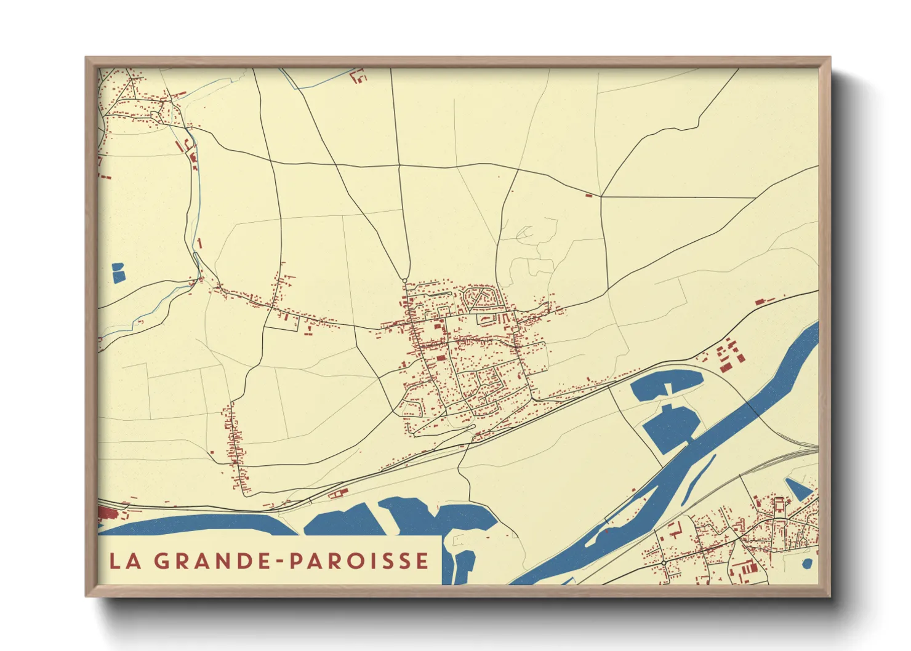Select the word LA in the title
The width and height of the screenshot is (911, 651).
123,561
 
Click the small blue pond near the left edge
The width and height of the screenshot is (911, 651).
118,273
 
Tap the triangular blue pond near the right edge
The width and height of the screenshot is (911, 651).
799,490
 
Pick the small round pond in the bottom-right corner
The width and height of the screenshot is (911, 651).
807,563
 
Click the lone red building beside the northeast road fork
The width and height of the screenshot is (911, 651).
588,196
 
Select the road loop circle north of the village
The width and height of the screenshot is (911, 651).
404,281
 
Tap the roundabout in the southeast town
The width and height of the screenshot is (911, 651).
665,562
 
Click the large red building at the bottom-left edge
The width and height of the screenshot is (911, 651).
105,513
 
